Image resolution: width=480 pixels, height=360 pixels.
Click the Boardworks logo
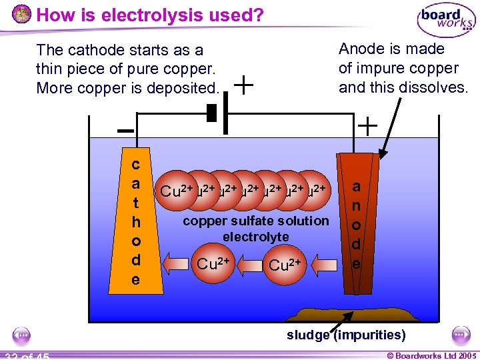446,21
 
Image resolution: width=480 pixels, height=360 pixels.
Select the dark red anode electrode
357,223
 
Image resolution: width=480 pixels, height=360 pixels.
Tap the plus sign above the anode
367,125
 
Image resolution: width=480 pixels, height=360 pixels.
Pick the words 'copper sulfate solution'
256,221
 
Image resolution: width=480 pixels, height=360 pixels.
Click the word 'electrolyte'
256,237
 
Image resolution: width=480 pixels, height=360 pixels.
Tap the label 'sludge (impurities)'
345,335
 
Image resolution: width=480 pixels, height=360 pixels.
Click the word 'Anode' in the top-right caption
361,49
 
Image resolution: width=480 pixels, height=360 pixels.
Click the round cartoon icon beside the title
21,14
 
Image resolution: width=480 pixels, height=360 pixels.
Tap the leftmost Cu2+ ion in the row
177,191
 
